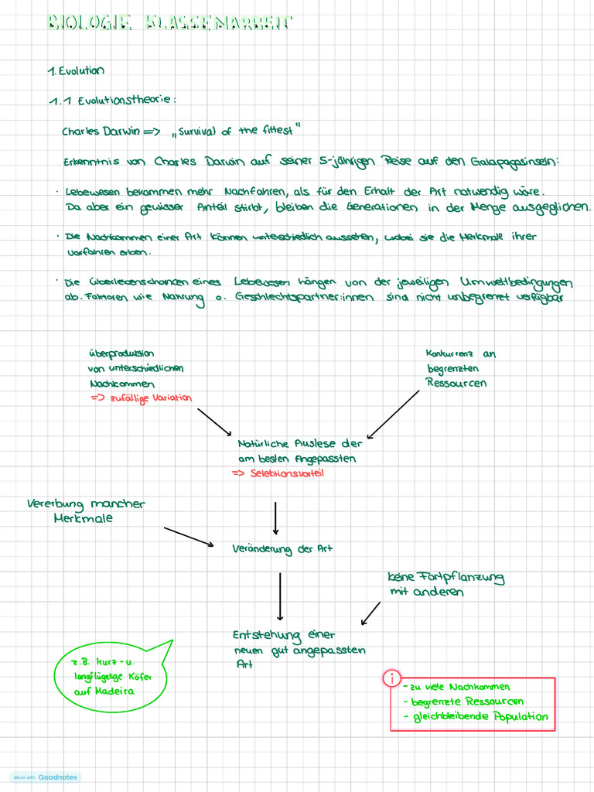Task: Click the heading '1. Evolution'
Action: [x=76, y=70]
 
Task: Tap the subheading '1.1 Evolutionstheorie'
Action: [x=113, y=101]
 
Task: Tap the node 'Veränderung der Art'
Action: [x=282, y=549]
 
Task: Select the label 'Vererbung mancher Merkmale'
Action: [x=85, y=511]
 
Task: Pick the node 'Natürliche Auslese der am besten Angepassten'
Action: [x=298, y=451]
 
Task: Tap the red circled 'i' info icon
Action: [x=392, y=679]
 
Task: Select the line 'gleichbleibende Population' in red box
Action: [x=480, y=717]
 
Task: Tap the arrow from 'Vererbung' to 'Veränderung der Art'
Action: [x=188, y=537]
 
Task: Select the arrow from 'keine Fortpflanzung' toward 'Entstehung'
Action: [x=370, y=613]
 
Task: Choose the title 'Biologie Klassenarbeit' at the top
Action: [x=170, y=22]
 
